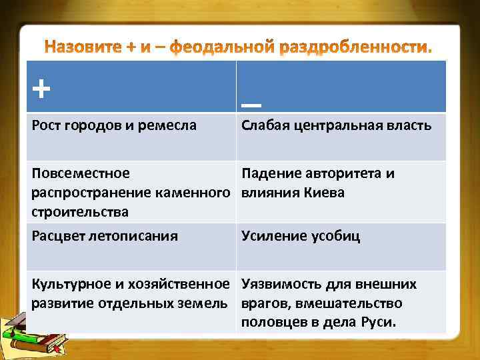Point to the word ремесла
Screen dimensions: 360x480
pos(169,125)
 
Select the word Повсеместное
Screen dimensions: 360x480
pos(81,173)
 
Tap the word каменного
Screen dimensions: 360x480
pos(197,193)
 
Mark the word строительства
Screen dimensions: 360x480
pos(81,212)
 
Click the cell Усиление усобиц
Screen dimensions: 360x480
pos(301,236)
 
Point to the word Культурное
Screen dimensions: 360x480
pos(71,284)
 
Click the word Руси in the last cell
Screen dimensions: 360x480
pos(378,323)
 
